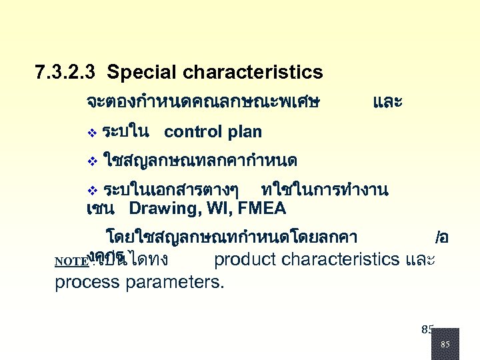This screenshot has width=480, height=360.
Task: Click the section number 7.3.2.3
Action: coord(65,72)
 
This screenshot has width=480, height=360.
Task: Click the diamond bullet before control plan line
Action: coord(92,133)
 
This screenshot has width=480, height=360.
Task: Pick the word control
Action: coord(193,132)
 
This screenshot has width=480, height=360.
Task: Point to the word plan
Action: coord(244,132)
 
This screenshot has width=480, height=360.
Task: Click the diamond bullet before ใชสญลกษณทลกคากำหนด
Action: coord(92,161)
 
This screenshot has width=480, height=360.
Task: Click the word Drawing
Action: coord(160,209)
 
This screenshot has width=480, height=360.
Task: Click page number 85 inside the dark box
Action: coord(445,345)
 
